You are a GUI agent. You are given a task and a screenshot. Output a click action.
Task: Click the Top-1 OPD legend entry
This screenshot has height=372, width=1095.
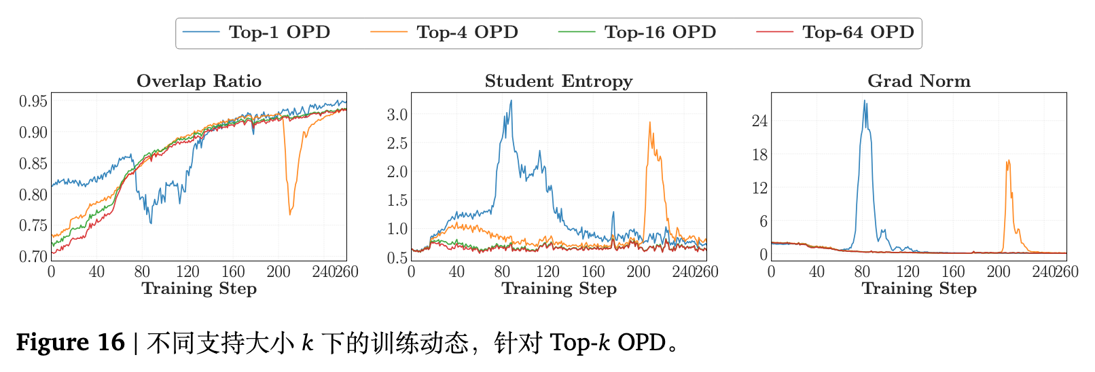(279, 33)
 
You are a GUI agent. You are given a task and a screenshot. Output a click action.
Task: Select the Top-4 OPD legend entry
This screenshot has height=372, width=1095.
(467, 33)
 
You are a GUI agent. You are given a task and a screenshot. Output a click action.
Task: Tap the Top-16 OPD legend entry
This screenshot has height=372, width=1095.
(660, 33)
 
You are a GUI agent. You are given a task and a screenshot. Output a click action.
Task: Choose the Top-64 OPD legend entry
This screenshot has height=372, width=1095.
(857, 33)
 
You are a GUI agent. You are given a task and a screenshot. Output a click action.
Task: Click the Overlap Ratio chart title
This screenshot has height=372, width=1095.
(199, 81)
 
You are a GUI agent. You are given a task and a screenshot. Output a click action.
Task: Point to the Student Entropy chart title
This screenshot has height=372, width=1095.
(558, 81)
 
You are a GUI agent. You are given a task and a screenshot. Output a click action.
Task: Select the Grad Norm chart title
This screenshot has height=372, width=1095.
(918, 81)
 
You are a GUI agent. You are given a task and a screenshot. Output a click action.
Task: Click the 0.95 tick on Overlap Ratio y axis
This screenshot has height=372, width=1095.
(33, 102)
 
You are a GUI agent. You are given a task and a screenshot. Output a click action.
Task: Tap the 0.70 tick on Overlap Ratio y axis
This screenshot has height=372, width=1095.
(33, 257)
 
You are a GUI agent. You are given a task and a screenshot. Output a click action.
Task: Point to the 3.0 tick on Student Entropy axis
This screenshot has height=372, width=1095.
(397, 115)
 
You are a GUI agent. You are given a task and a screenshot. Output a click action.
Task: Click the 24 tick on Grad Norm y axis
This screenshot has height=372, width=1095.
(759, 121)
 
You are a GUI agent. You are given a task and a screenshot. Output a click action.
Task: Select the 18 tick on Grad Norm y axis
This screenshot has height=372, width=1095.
(759, 155)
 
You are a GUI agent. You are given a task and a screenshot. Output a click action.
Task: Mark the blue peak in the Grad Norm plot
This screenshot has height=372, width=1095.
(865, 100)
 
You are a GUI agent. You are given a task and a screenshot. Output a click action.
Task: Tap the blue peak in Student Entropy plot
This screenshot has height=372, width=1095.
(511, 100)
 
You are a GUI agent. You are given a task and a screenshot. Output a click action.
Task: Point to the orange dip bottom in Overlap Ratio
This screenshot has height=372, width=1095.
(290, 215)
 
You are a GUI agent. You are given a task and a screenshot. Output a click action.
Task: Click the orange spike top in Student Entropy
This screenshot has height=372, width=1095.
(649, 122)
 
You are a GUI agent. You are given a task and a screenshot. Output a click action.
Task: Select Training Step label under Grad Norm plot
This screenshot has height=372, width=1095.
(918, 289)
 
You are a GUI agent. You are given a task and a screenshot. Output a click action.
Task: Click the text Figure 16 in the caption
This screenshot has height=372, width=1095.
(71, 342)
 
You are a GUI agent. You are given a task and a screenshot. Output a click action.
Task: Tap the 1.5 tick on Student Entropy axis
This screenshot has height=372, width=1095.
(397, 200)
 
